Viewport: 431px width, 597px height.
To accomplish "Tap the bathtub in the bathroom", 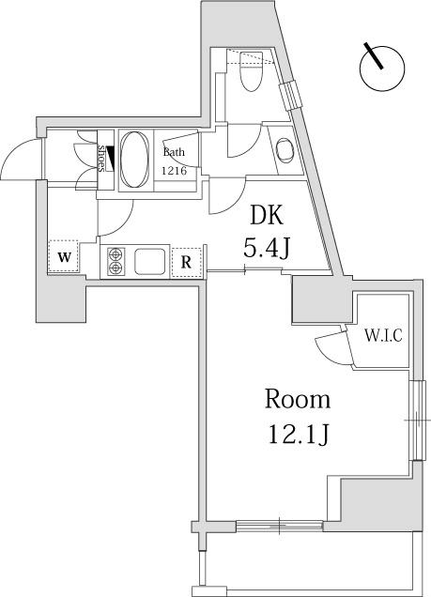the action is tap(134, 160).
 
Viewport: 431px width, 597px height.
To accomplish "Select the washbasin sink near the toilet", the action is tap(285, 150).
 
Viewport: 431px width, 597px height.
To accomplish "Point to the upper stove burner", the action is tap(115, 253).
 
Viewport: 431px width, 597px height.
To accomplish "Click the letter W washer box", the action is tap(64, 256).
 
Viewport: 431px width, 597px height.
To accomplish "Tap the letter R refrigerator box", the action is tap(186, 262).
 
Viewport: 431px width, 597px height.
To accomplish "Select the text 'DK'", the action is tap(266, 216).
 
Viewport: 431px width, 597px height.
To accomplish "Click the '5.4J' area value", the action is tap(267, 249).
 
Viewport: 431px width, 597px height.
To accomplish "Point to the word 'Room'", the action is tap(298, 399).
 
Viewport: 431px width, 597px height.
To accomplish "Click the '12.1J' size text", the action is tap(299, 435).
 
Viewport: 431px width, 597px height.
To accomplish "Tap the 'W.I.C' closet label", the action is tap(383, 336).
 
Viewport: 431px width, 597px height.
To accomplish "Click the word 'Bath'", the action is tap(174, 152).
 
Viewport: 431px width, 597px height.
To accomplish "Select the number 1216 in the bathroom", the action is tap(175, 171).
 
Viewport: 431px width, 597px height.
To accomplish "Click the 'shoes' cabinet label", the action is tap(102, 159).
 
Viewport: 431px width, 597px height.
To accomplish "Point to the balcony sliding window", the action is tap(280, 527).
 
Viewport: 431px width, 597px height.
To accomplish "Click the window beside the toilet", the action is tap(290, 96).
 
